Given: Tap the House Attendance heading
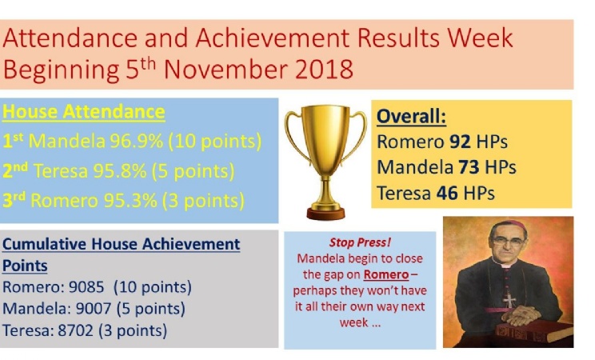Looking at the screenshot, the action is click(83, 112).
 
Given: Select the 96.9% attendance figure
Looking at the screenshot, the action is click(136, 141).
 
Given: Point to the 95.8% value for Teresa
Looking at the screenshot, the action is click(120, 171).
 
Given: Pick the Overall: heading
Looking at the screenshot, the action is click(411, 116).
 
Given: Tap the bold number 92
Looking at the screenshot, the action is click(461, 142).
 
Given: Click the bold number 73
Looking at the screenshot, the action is click(469, 167).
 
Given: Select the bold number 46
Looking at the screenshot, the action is click(447, 194).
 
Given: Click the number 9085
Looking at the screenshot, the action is click(86, 287).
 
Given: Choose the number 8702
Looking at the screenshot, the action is click(75, 330).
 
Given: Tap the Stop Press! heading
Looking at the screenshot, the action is click(360, 242).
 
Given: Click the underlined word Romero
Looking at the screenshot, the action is click(386, 274).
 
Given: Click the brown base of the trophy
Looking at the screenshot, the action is click(326, 214).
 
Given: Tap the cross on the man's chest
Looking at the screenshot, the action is click(509, 300).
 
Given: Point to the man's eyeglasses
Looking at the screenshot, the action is click(508, 241).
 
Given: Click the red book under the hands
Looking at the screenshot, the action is click(534, 331).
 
